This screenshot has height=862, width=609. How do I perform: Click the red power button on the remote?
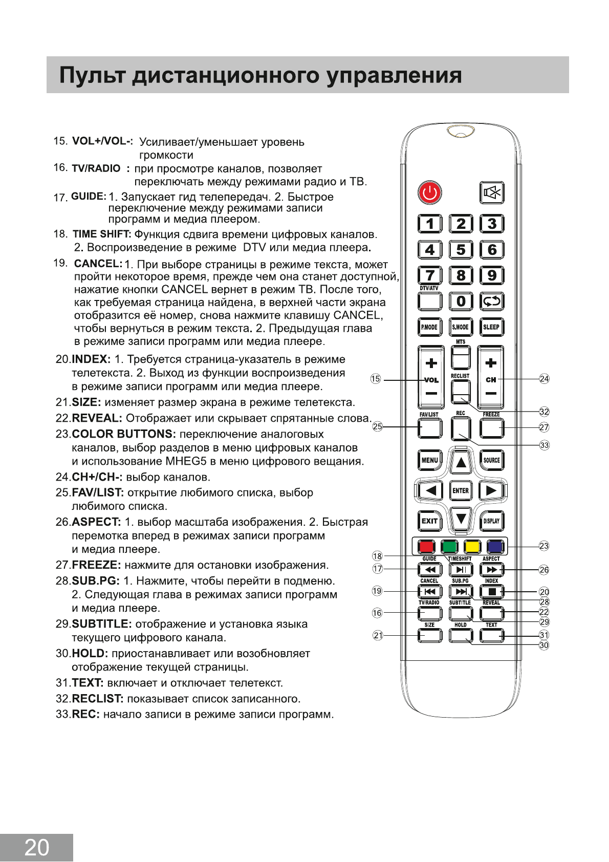coord(429,193)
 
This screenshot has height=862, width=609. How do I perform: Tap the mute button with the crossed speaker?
coord(491,193)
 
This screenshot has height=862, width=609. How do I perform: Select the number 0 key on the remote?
coord(461,301)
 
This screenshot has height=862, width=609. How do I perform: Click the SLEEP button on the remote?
coord(491,327)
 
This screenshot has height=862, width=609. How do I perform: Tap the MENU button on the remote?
coord(429,460)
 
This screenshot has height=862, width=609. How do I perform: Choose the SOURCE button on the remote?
coord(491,460)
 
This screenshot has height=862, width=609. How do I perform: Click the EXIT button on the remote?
coord(429,521)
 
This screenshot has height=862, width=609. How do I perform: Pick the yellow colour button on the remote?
coord(472,547)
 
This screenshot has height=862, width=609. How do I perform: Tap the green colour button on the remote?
coord(449,547)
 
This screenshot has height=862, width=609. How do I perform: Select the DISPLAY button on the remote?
coord(491,521)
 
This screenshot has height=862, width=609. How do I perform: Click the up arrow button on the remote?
coord(461,462)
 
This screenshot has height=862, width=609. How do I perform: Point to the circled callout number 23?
coord(544,546)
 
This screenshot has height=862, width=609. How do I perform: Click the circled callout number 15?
coord(376,379)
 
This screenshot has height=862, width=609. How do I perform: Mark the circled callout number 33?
coord(544,445)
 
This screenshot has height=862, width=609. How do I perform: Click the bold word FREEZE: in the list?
coord(96,565)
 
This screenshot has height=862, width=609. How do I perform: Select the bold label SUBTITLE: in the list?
coord(102,624)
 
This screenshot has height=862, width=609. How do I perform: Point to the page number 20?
coord(36,848)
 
